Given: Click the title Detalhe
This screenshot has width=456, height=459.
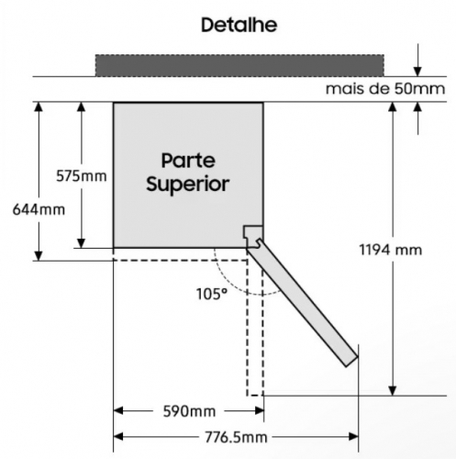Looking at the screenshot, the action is pyautogui.click(x=239, y=25).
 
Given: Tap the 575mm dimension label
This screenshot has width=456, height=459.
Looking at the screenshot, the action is pyautogui.click(x=82, y=176).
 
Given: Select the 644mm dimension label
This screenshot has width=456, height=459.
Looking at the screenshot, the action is pyautogui.click(x=39, y=210).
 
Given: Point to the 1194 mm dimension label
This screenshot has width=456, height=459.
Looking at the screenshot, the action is pyautogui.click(x=391, y=250).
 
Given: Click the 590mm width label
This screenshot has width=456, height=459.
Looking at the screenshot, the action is pyautogui.click(x=189, y=411).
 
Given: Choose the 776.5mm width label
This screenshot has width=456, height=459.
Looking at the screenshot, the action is pyautogui.click(x=236, y=437).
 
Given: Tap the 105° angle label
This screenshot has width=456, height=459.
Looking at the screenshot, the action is pyautogui.click(x=212, y=294).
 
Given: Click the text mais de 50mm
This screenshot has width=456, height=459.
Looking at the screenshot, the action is pyautogui.click(x=385, y=89).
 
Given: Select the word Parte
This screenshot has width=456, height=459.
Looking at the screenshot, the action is pyautogui.click(x=188, y=161).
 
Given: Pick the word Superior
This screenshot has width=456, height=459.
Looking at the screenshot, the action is pyautogui.click(x=188, y=185).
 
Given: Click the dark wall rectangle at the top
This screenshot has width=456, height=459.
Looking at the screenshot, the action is pyautogui.click(x=239, y=65).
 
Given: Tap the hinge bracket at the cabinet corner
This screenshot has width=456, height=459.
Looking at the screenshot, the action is pyautogui.click(x=253, y=236).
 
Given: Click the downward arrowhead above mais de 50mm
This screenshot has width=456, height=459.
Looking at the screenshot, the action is pyautogui.click(x=417, y=72).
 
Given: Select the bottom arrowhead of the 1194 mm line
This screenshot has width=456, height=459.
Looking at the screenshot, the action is pyautogui.click(x=393, y=390).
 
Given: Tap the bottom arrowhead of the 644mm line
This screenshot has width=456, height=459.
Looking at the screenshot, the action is pyautogui.click(x=39, y=255).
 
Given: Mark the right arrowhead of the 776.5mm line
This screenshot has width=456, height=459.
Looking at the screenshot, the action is pyautogui.click(x=353, y=437).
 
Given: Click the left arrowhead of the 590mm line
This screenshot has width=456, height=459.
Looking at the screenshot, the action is pyautogui.click(x=118, y=410).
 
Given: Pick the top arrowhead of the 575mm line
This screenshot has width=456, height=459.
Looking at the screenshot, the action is pyautogui.click(x=81, y=106).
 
